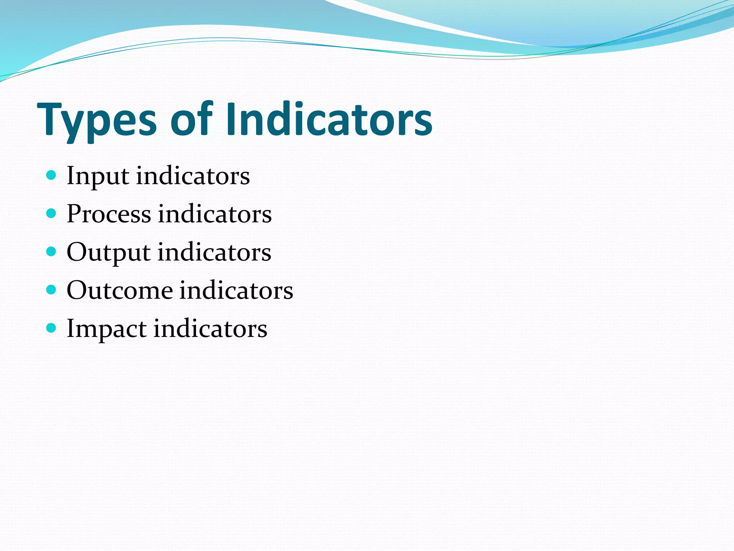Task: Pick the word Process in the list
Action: click(109, 214)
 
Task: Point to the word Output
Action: click(108, 253)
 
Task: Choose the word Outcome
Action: click(119, 290)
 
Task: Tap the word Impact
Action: click(106, 329)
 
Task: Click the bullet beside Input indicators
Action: click(52, 175)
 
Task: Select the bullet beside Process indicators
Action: click(52, 213)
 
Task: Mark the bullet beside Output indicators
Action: click(52, 251)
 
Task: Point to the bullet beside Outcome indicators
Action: click(52, 289)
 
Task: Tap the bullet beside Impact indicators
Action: click(52, 328)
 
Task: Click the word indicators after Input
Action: click(193, 176)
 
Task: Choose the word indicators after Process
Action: click(215, 214)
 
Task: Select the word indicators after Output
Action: click(214, 252)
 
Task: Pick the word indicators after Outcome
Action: click(236, 290)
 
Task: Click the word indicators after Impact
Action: click(210, 329)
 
